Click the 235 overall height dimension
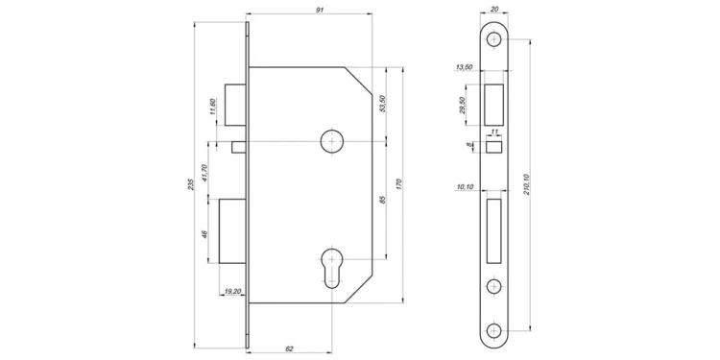[192, 184]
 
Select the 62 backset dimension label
[290, 348]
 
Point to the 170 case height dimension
[398, 184]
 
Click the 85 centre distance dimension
[383, 200]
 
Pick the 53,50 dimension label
[382, 104]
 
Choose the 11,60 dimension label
[212, 107]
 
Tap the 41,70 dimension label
[204, 173]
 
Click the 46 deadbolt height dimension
[204, 234]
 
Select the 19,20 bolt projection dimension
[232, 291]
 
